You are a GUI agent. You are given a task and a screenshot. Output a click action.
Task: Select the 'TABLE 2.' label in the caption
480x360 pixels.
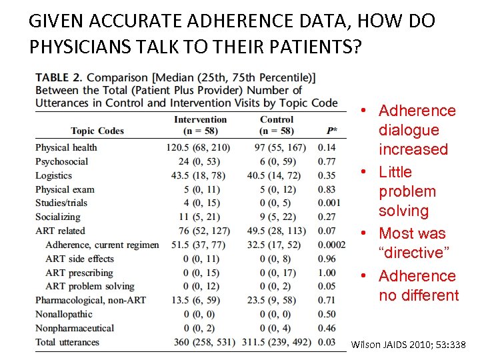(59, 77)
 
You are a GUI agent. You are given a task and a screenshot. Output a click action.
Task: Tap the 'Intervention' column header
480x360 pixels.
(200, 119)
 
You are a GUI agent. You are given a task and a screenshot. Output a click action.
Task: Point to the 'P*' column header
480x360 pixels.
(332, 131)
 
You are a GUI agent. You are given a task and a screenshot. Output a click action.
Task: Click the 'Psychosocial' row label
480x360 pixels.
(61, 161)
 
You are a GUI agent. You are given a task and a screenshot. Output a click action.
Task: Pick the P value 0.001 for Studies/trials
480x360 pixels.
(329, 203)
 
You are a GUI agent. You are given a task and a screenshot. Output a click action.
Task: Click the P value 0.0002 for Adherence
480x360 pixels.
(332, 245)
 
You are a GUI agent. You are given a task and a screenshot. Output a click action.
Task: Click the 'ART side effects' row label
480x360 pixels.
(79, 259)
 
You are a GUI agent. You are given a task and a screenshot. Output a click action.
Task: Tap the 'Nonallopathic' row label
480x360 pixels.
(64, 314)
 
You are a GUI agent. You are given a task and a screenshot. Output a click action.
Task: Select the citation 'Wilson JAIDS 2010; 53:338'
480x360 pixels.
(407, 344)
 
